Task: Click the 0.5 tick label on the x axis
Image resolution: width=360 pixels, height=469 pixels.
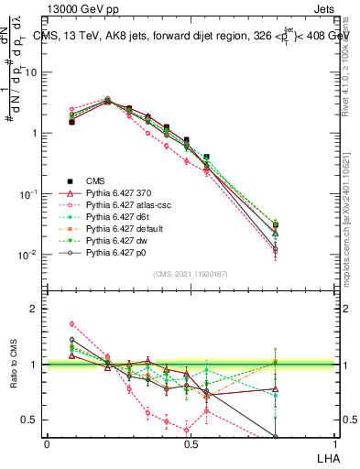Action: (190, 443)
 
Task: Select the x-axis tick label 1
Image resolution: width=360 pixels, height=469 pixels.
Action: (333, 443)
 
